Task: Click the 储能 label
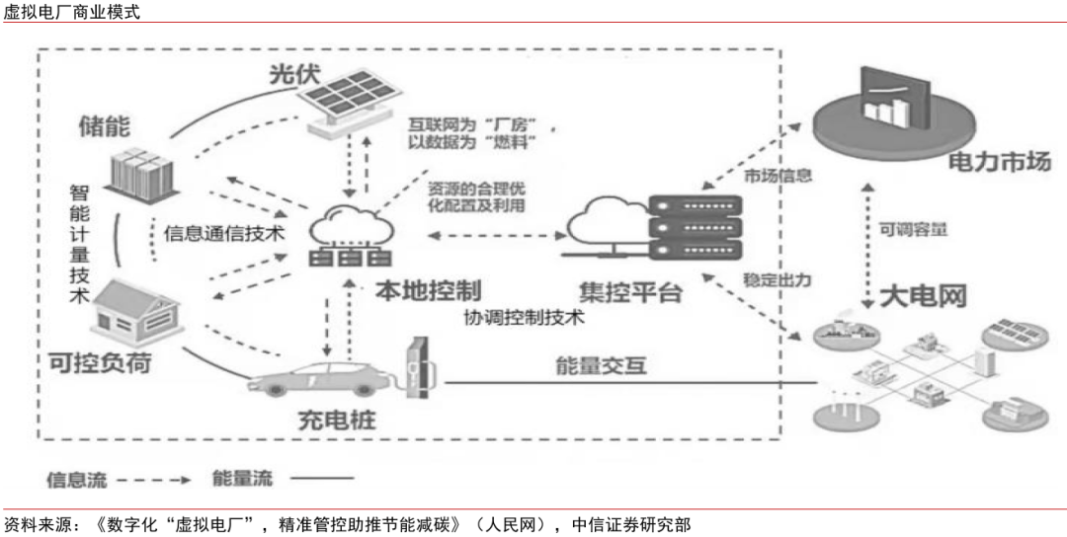pos(106,125)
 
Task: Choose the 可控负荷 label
pos(100,363)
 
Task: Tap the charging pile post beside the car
pos(421,366)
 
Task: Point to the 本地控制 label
pos(428,291)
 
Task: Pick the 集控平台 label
pos(631,292)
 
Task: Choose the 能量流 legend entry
pos(242,480)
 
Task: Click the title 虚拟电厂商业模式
pos(72,12)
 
